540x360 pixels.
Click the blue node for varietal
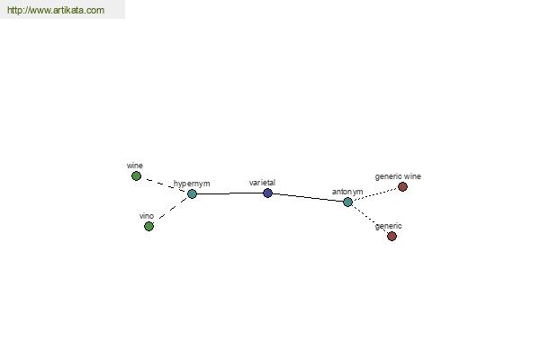click(x=267, y=193)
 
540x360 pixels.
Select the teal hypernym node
click(x=193, y=194)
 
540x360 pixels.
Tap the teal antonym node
click(x=347, y=202)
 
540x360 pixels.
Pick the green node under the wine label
click(x=137, y=176)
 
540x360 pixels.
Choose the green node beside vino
click(x=148, y=226)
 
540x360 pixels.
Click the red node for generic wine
click(x=402, y=186)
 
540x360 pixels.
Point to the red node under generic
click(x=391, y=236)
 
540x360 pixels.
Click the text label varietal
click(x=262, y=183)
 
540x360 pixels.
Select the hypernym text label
click(x=192, y=184)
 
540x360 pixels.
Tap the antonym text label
click(x=347, y=192)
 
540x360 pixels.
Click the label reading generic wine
click(x=398, y=176)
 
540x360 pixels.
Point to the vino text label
click(x=147, y=216)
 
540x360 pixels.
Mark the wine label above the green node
click(x=135, y=166)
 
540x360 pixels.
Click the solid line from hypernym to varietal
click(x=229, y=193)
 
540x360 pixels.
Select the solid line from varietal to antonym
click(x=308, y=197)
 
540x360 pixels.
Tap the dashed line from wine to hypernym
click(x=166, y=185)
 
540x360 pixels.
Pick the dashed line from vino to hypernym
click(x=173, y=209)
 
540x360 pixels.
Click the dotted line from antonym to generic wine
click(x=375, y=194)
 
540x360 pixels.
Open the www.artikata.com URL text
click(x=56, y=10)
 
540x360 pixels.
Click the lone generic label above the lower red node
click(x=388, y=226)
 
